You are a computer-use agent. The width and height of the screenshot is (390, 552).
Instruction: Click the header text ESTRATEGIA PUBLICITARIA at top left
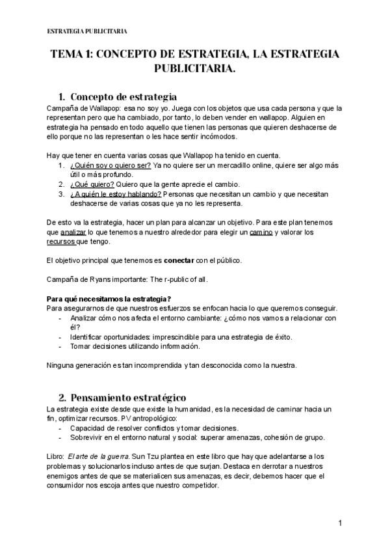tap(88, 31)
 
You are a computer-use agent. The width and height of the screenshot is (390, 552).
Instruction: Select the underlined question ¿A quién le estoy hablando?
tap(116, 193)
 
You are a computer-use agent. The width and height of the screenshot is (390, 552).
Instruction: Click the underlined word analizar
tap(73, 232)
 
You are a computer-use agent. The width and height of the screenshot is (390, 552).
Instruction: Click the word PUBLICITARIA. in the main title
tap(195, 68)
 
